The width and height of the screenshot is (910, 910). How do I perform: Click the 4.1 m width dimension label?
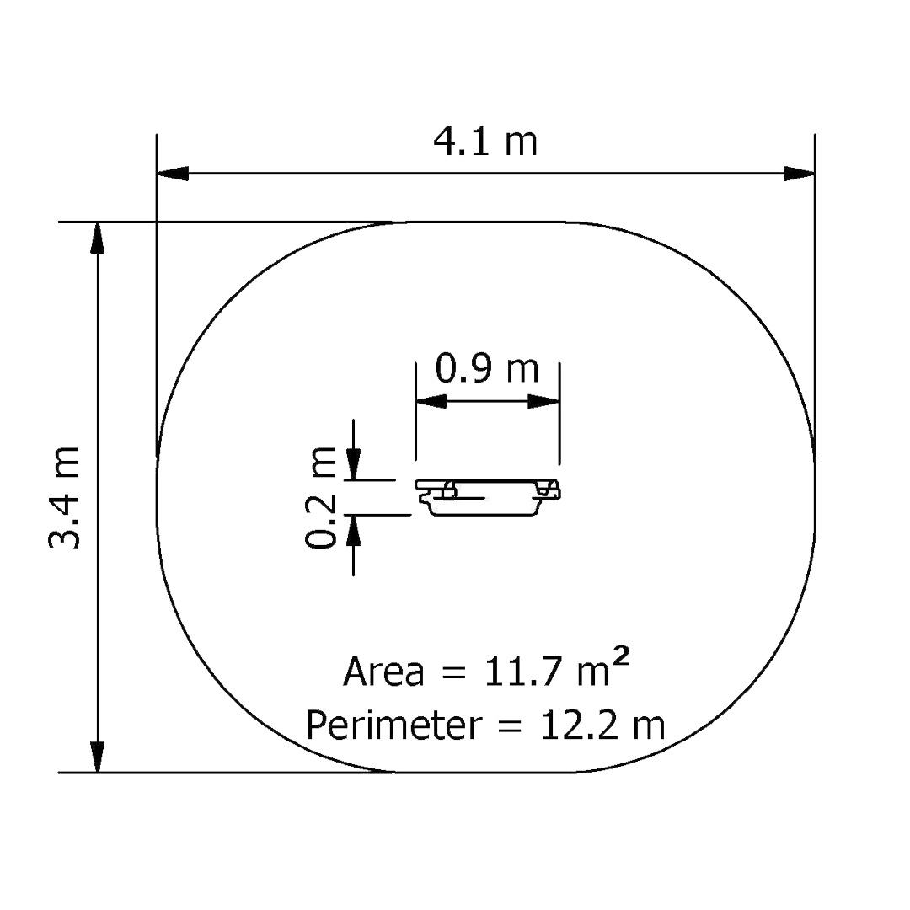(x=486, y=142)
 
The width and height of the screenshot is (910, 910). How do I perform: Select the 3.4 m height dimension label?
(x=64, y=497)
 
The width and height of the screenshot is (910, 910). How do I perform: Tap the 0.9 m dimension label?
(x=487, y=368)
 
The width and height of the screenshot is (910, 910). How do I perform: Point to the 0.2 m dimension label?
(x=320, y=497)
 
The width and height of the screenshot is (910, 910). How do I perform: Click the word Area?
(x=383, y=672)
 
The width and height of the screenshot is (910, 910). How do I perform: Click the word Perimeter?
(x=394, y=725)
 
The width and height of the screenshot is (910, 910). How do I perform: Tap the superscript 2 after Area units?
(x=621, y=659)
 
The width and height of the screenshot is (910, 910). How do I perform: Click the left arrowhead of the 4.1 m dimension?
(x=173, y=173)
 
